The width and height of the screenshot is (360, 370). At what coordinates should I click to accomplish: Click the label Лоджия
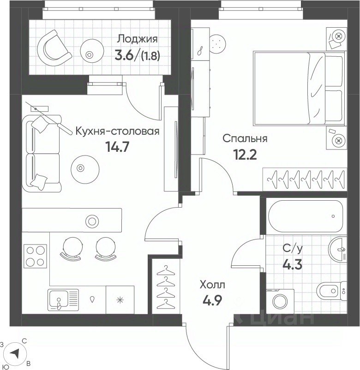point(138,39)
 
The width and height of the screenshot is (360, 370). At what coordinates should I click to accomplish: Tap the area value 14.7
point(117,148)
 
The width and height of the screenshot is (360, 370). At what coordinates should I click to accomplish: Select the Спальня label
point(245,138)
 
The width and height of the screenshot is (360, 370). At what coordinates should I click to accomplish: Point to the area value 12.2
point(245,155)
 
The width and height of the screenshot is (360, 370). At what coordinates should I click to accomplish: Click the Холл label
point(212,285)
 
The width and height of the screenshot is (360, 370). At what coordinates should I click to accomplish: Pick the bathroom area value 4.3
point(292,265)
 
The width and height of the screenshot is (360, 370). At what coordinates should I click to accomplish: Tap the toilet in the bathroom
point(331,291)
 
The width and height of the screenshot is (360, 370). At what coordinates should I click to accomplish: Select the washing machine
point(280,301)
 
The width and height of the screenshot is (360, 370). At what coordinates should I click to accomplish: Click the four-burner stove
point(35,256)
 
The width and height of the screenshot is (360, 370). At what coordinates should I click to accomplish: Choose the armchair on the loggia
point(54,48)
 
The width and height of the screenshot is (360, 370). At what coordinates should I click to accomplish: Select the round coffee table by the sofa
point(85,169)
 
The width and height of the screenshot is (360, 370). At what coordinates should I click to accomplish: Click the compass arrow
point(15,354)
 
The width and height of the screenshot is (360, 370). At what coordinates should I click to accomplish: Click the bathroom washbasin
point(337,250)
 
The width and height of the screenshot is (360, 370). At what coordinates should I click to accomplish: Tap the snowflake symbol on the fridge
point(120,300)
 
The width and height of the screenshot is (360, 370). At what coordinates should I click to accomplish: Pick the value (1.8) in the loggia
point(150,56)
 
